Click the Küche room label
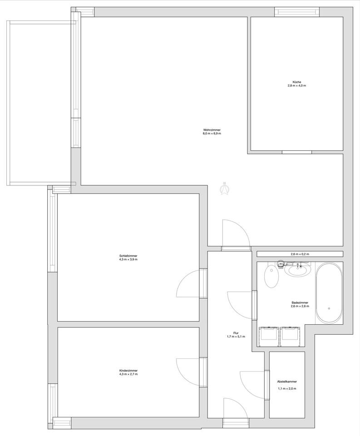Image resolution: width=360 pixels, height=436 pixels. tap(296, 82)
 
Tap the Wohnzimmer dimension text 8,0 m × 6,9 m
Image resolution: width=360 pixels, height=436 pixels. tap(212, 134)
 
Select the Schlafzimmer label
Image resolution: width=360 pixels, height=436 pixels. tap(128, 256)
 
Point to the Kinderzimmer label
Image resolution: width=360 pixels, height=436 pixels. tap(128, 371)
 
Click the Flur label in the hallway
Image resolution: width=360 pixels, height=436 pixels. tap(236, 333)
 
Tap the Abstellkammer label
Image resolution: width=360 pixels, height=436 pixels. tap(287, 382)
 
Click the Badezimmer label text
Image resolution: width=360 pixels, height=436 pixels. tap(300, 302)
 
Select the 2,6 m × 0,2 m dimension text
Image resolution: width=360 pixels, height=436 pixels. tap(300, 254)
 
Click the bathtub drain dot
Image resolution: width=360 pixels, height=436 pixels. tap(329, 308)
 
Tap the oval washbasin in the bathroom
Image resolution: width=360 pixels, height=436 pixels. tap(298, 270)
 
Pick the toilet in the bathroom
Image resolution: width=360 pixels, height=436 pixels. tap(271, 277)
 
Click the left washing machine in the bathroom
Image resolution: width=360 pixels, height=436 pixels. tap(269, 337)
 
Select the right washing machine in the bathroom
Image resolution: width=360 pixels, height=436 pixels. tap(290, 337)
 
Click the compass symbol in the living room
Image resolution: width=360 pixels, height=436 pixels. tap(225, 188)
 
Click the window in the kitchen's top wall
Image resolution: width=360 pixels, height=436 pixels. tap(297, 12)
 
